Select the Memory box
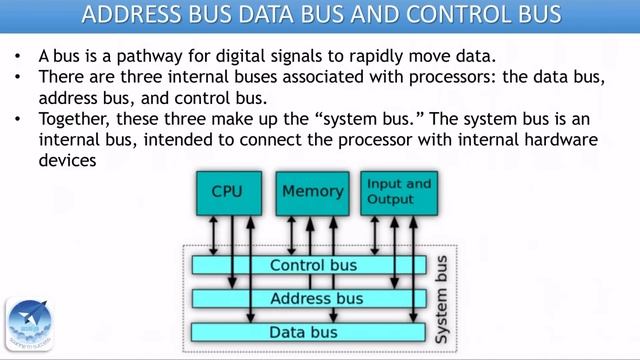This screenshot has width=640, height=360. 313,192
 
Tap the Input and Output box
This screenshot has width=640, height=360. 398,192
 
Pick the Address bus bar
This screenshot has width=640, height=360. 315,298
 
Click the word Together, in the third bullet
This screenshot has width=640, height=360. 82,121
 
